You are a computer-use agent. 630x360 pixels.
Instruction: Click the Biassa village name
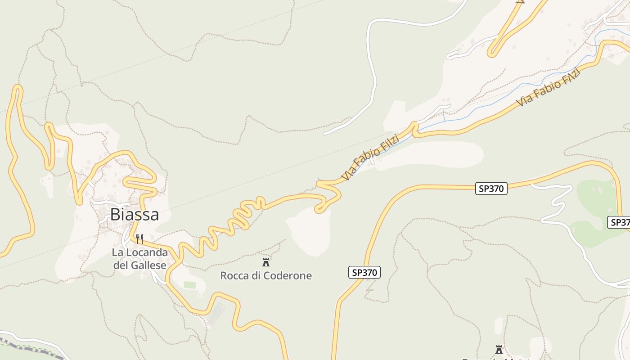134,215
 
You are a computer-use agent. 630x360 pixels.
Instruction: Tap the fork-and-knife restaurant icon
139,238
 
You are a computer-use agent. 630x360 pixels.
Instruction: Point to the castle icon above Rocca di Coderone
266,262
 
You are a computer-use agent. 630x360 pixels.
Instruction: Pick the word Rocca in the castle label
234,276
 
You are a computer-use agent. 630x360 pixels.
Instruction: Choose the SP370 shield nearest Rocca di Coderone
364,272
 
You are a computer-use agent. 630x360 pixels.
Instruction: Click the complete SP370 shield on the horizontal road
491,189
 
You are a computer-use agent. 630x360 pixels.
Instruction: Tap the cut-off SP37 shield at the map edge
619,222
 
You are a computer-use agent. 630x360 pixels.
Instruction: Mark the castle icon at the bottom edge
499,349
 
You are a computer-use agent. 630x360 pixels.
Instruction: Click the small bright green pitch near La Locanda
190,285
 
